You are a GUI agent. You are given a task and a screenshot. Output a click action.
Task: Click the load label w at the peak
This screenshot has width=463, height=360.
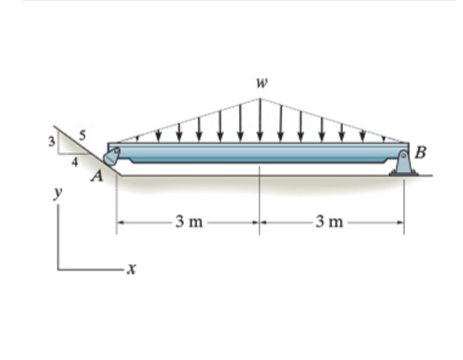[x=261, y=83]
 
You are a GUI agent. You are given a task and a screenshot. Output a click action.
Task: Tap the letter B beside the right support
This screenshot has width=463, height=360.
[x=420, y=153]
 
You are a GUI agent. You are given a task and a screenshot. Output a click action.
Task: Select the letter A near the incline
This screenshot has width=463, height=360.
[x=97, y=177]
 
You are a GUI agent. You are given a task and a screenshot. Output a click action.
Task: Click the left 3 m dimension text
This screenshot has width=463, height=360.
[x=188, y=222]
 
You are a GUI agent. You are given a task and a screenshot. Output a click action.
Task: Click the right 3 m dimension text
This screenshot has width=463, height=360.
[x=330, y=222]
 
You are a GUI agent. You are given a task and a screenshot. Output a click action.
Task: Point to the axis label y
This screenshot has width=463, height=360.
[x=58, y=193]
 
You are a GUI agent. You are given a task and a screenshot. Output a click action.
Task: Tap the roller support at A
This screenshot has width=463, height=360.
[x=112, y=157]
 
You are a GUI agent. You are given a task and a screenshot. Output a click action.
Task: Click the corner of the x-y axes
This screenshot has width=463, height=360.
[x=59, y=268]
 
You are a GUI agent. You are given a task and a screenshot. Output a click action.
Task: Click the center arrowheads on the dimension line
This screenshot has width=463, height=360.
[x=260, y=223]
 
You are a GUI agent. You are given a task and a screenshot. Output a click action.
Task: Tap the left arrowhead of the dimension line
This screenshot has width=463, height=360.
[x=120, y=223]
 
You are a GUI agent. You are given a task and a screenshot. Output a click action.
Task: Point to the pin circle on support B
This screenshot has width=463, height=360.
[x=404, y=156]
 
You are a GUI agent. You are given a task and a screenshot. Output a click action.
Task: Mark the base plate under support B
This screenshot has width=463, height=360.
[x=403, y=173]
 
